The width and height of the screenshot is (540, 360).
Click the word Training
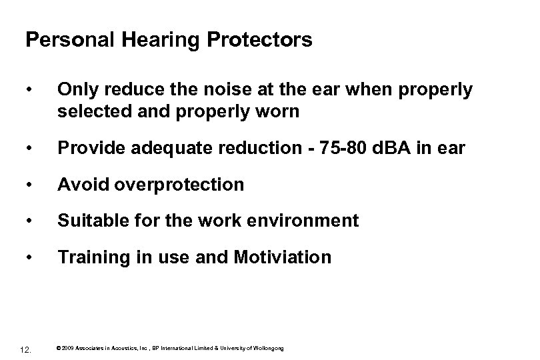91,257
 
